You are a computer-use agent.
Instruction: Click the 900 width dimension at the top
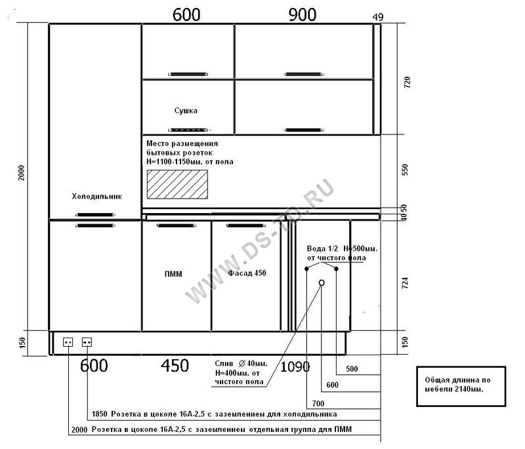302,14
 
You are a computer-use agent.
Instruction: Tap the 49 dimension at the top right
378,17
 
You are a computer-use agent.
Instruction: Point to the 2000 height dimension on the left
22,172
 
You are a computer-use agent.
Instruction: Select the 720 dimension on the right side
407,82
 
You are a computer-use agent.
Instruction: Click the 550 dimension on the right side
405,170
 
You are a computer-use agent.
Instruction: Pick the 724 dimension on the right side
405,283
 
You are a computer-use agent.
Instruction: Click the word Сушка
186,111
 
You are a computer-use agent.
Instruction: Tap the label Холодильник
96,196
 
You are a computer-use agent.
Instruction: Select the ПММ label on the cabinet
173,274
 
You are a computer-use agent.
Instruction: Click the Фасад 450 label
247,273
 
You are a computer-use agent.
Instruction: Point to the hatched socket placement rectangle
177,185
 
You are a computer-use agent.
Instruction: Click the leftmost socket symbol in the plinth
68,342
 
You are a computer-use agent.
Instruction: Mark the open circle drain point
322,283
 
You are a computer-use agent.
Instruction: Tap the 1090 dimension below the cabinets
295,367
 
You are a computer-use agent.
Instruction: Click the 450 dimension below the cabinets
175,365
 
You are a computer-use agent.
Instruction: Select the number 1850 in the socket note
100,414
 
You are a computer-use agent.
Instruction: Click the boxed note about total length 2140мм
461,387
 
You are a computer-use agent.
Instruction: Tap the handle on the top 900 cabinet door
304,74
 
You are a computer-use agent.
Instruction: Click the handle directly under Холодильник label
95,214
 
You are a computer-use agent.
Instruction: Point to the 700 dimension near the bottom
318,404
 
